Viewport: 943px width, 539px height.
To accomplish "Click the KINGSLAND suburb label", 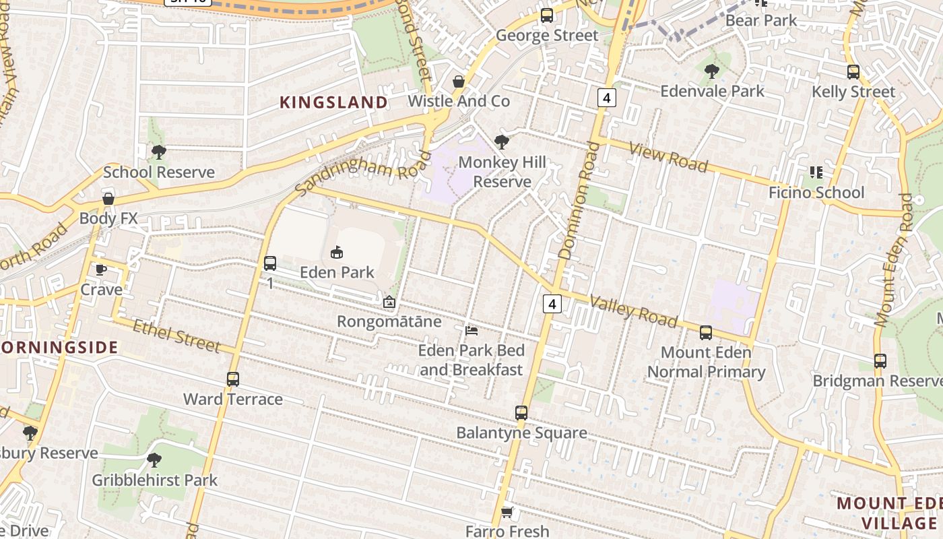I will (333, 102).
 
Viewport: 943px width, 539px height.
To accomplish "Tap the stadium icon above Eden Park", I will (337, 253).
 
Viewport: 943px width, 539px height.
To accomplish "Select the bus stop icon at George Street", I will (547, 15).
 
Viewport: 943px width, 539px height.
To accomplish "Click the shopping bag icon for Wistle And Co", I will (459, 82).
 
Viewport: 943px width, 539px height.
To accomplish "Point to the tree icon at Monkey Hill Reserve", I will (501, 141).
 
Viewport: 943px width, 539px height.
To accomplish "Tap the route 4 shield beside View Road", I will (606, 98).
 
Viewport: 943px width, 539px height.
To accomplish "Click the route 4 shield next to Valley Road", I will (552, 304).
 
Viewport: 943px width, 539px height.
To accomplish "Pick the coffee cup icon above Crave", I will (101, 270).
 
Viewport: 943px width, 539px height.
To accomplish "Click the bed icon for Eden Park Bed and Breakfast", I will (471, 331).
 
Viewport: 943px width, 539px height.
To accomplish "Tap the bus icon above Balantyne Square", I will (521, 413).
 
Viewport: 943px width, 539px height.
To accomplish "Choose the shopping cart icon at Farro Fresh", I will (507, 513).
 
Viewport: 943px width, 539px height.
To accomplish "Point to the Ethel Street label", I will (176, 336).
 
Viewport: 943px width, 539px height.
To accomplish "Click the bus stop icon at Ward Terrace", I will (233, 379).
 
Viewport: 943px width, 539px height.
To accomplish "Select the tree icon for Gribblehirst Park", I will (154, 460).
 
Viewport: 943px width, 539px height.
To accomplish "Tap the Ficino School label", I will (816, 193).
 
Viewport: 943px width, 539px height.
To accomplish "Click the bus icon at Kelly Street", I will (853, 72).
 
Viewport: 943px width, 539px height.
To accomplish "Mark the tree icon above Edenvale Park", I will (712, 71).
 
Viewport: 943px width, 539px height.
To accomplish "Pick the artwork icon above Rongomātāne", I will (389, 302).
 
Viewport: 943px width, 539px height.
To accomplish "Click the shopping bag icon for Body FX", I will (108, 199).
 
